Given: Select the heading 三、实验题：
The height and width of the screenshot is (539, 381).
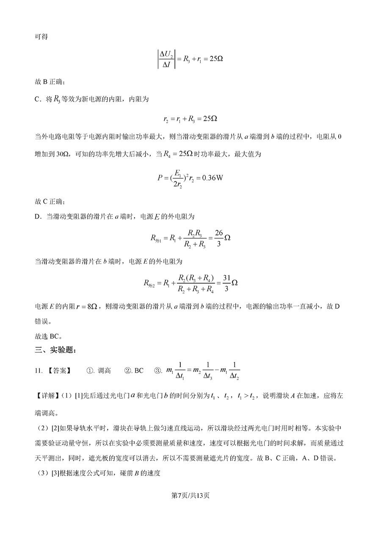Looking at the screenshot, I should click(55, 349).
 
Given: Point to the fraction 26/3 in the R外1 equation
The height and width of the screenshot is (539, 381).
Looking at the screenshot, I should click(218, 238).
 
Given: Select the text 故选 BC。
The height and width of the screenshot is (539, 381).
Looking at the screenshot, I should click(48, 337).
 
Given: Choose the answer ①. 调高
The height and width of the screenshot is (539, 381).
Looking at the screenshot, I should click(99, 370).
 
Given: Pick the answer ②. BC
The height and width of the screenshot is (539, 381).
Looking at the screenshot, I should click(134, 370).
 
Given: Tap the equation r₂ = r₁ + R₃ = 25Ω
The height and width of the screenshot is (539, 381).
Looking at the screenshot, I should click(190, 119).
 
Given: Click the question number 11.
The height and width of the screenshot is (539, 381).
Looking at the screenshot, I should click(38, 370).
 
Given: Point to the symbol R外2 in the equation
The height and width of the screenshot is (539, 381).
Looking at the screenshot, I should click(150, 283).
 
